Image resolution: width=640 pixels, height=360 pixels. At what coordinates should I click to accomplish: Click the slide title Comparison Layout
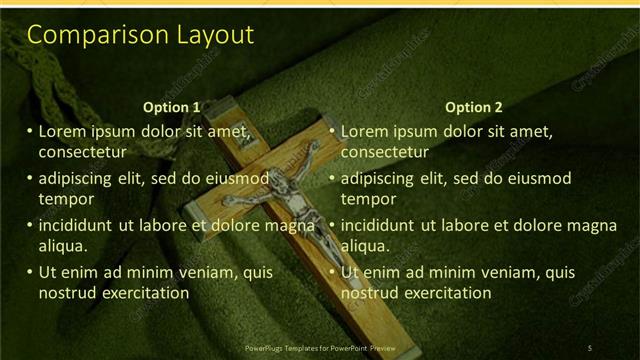click(140, 36)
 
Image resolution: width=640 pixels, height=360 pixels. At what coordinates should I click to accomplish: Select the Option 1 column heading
click(172, 107)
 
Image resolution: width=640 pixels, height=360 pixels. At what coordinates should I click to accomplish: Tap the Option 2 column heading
click(474, 107)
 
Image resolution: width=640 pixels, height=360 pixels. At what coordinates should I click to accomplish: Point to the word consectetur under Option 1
click(82, 153)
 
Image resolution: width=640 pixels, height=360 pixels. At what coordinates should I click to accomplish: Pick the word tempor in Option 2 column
click(369, 199)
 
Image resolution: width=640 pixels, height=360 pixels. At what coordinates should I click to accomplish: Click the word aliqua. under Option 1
click(63, 246)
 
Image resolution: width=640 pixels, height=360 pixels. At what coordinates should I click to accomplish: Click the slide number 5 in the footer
click(590, 347)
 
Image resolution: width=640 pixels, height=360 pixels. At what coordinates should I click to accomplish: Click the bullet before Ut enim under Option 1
click(29, 272)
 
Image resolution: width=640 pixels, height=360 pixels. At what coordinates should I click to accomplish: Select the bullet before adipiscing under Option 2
click(332, 178)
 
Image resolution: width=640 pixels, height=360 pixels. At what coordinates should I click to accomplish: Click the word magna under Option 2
click(594, 225)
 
